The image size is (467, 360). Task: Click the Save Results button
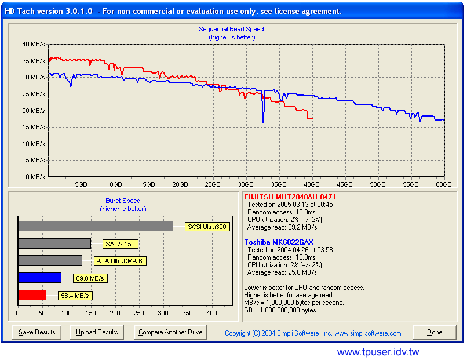tap(37, 332)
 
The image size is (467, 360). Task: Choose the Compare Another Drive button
tap(170, 332)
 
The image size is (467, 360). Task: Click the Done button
tap(435, 332)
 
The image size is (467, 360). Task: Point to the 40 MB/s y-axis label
tap(33, 44)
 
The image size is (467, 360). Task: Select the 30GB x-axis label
tap(246, 184)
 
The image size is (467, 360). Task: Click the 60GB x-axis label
tap(443, 184)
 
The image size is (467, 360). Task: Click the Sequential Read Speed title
tap(231, 29)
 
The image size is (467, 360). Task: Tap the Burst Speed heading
tap(123, 201)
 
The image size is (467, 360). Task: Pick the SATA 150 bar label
tap(120, 244)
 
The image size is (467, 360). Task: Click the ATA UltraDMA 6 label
tap(121, 261)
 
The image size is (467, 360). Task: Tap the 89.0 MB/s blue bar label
tap(90, 278)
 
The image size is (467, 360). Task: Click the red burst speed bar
tap(32, 295)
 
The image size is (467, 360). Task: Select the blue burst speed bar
tap(39, 278)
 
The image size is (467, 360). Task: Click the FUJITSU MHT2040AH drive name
tap(290, 197)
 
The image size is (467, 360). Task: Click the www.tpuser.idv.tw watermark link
tap(378, 352)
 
